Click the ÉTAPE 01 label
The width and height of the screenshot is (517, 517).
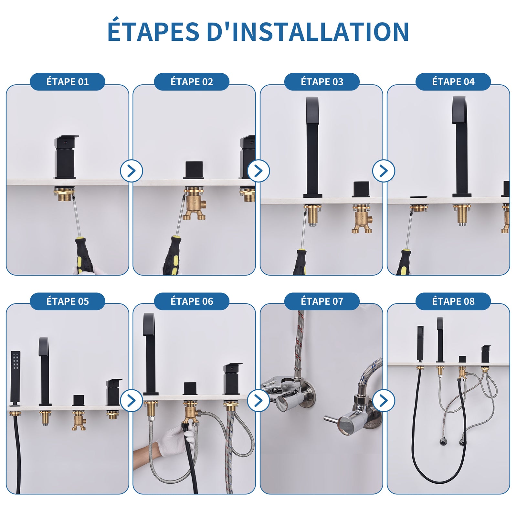pyautogui.click(x=68, y=82)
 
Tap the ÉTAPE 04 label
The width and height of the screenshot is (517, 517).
pyautogui.click(x=453, y=82)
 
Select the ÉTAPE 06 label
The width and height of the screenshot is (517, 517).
pyautogui.click(x=192, y=301)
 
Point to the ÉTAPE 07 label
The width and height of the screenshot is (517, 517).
pyautogui.click(x=322, y=301)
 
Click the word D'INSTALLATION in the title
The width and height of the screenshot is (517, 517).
pyautogui.click(x=308, y=32)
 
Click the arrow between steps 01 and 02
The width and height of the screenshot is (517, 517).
pyautogui.click(x=131, y=171)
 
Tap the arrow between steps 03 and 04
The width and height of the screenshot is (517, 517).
pyautogui.click(x=384, y=171)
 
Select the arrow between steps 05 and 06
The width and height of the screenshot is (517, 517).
pyautogui.click(x=131, y=401)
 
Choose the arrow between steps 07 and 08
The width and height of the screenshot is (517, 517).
pyautogui.click(x=384, y=401)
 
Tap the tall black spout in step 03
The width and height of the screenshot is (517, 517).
pyautogui.click(x=312, y=147)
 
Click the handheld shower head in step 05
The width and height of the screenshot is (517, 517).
pyautogui.click(x=15, y=376)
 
